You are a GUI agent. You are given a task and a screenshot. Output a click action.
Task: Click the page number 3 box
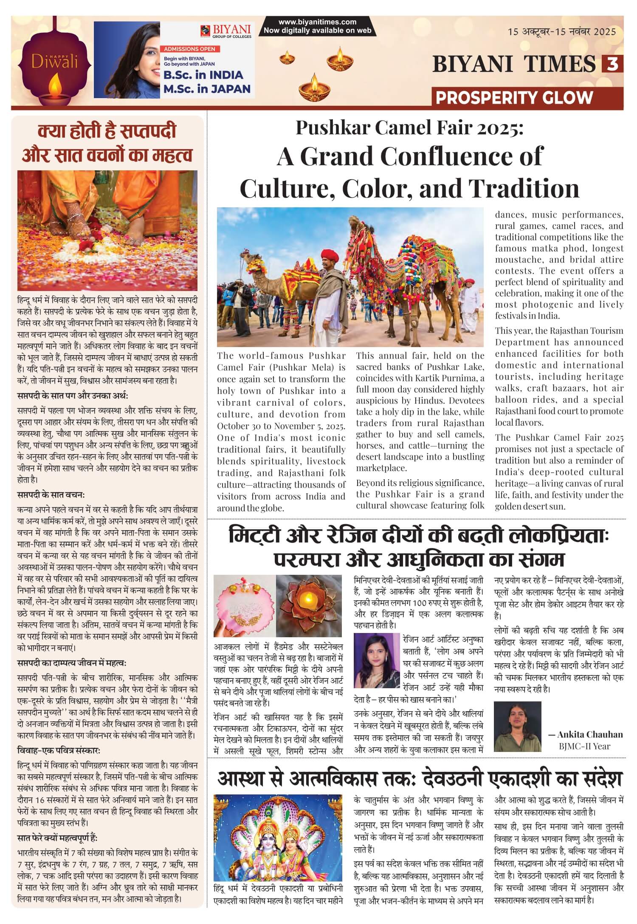click(612, 64)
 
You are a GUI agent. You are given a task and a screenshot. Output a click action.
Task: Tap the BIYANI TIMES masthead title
click(514, 64)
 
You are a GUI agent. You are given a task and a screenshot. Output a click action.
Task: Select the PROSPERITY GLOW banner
click(514, 98)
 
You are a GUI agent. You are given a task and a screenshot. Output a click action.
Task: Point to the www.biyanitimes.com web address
click(317, 22)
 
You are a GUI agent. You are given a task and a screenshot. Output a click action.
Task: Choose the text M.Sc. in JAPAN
click(207, 89)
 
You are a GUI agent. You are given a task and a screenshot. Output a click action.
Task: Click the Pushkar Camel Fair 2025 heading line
click(410, 127)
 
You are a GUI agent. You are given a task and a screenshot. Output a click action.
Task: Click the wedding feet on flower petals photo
click(107, 231)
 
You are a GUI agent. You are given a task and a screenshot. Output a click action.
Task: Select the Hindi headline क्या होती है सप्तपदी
click(107, 131)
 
